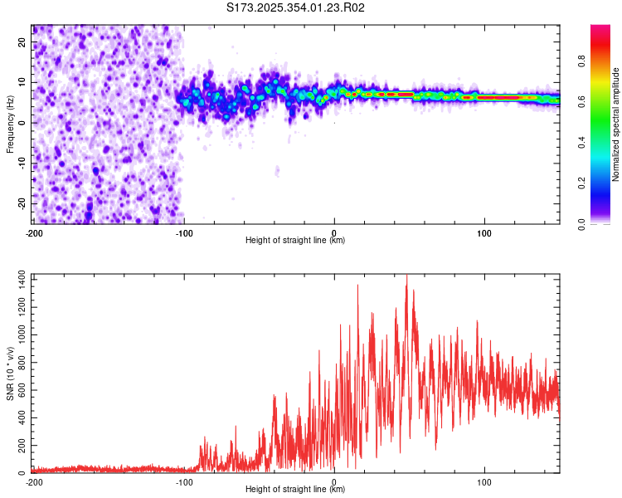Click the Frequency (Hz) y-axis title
click(x=10, y=124)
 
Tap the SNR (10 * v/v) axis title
click(x=10, y=373)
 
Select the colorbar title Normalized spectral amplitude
click(x=616, y=124)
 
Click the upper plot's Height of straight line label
click(x=295, y=240)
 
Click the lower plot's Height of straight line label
click(x=295, y=489)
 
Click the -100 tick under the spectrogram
click(x=184, y=232)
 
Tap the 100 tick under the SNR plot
click(x=484, y=481)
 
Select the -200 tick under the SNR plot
click(x=34, y=481)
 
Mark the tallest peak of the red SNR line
click(x=406, y=276)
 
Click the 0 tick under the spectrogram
click(x=334, y=232)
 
